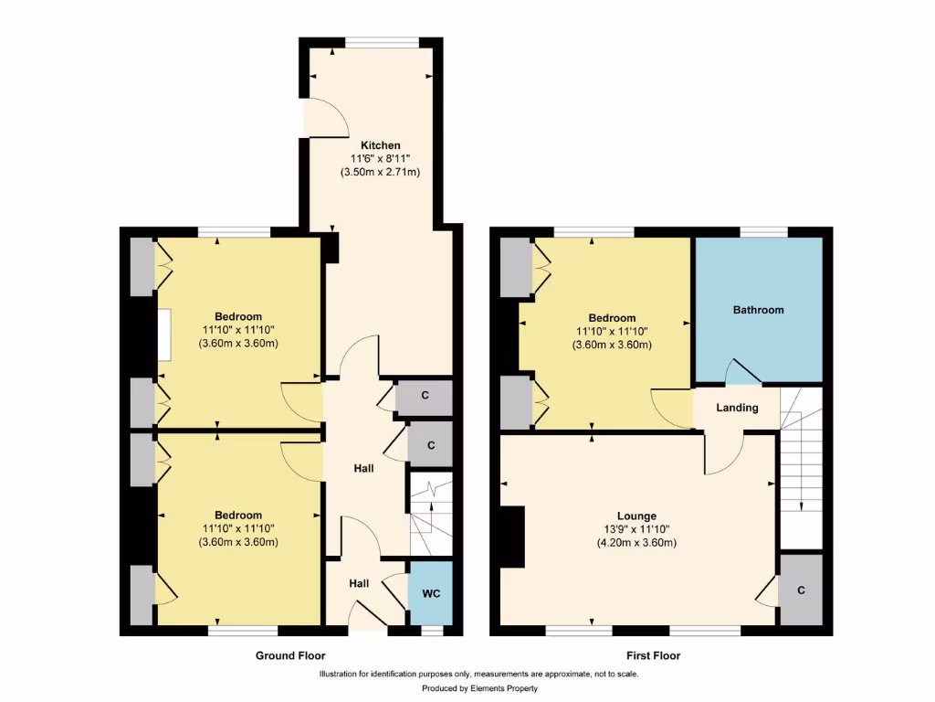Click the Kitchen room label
[380, 145]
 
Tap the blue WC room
[431, 593]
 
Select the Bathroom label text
[758, 310]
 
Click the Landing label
[737, 408]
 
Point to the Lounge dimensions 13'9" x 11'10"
[636, 529]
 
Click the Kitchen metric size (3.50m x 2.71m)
[380, 172]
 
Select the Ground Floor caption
[290, 655]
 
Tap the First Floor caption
[653, 655]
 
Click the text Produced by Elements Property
[479, 688]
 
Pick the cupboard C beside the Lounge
[801, 590]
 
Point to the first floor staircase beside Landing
[801, 466]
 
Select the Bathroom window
[763, 230]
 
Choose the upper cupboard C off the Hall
[425, 397]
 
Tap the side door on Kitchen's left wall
[325, 116]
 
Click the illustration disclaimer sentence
[478, 675]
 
